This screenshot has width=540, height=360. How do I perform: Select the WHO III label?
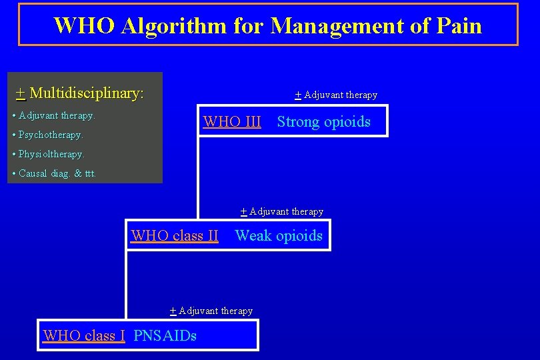(x=232, y=122)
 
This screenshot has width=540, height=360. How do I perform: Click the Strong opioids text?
(x=323, y=122)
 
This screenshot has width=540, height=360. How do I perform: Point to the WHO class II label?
(x=175, y=236)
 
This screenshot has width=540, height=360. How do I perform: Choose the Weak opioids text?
(x=279, y=236)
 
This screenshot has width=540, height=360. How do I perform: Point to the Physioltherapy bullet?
(x=49, y=154)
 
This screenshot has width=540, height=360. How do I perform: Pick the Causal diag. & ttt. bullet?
(x=55, y=173)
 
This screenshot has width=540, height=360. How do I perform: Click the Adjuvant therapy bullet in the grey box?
(x=54, y=115)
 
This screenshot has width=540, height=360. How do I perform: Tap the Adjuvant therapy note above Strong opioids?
(x=336, y=95)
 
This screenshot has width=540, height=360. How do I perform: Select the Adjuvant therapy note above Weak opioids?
(x=282, y=212)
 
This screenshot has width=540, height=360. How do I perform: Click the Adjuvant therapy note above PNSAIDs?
(x=211, y=311)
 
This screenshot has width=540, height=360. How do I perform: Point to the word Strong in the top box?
(x=298, y=122)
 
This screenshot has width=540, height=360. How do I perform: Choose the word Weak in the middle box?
(x=253, y=236)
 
